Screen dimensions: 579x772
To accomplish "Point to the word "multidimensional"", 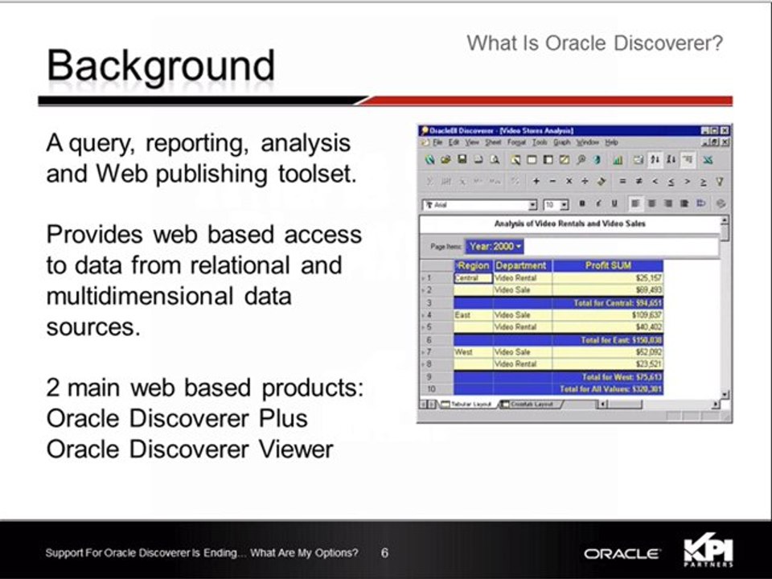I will [x=138, y=296].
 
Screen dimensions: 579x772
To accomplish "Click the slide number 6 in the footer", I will [x=384, y=553].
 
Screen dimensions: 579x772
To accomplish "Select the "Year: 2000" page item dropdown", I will [x=495, y=246].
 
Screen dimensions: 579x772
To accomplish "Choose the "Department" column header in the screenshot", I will [x=521, y=265].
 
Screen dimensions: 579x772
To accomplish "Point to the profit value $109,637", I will [x=644, y=316].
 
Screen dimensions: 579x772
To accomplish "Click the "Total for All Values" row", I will [x=611, y=389].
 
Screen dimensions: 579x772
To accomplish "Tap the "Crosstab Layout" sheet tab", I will [x=532, y=404].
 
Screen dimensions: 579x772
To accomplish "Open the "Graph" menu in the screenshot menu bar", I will [x=561, y=142].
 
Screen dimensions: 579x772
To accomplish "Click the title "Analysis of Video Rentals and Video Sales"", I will [x=569, y=224].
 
